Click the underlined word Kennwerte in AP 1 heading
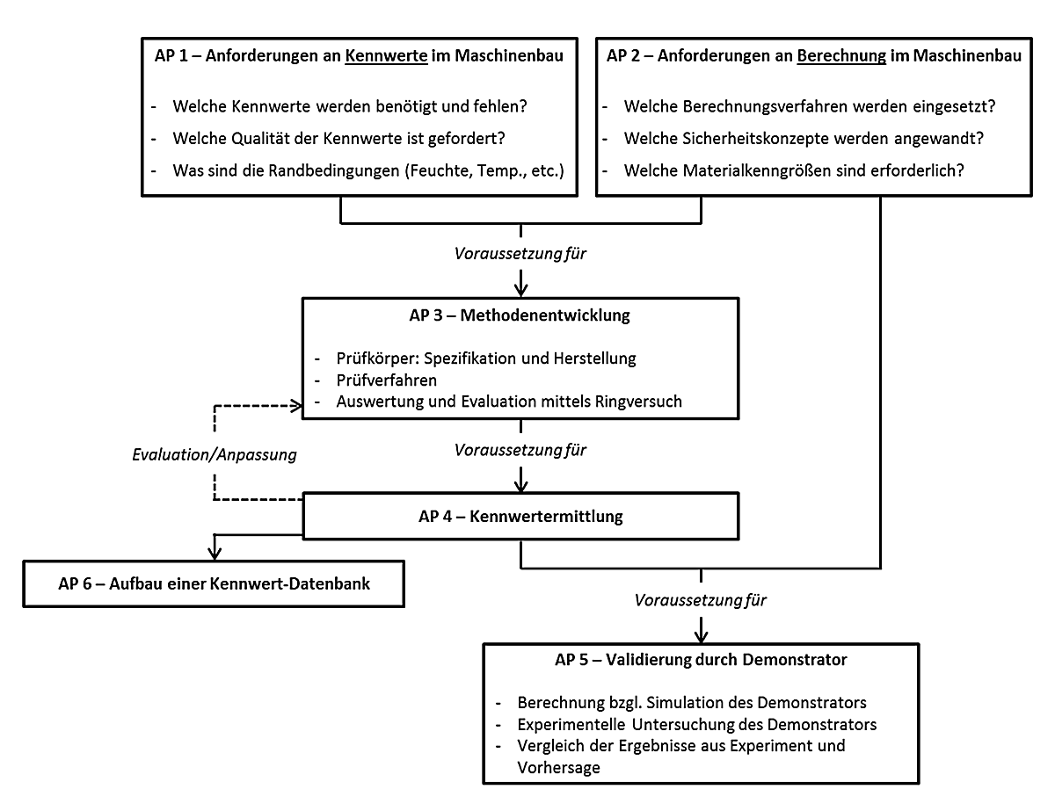click(386, 56)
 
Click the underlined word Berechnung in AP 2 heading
click(841, 56)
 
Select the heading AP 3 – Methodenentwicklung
click(520, 315)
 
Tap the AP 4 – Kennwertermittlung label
click(520, 517)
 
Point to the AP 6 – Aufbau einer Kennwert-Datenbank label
click(215, 583)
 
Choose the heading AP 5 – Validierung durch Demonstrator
click(701, 660)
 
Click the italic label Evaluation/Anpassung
click(215, 455)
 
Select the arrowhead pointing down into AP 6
click(215, 554)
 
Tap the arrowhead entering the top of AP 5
click(701, 636)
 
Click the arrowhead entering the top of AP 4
click(521, 486)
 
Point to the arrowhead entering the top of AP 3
click(521, 290)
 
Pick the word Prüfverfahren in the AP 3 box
click(387, 380)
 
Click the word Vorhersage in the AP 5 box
click(558, 767)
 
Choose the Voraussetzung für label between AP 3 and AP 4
click(520, 450)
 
